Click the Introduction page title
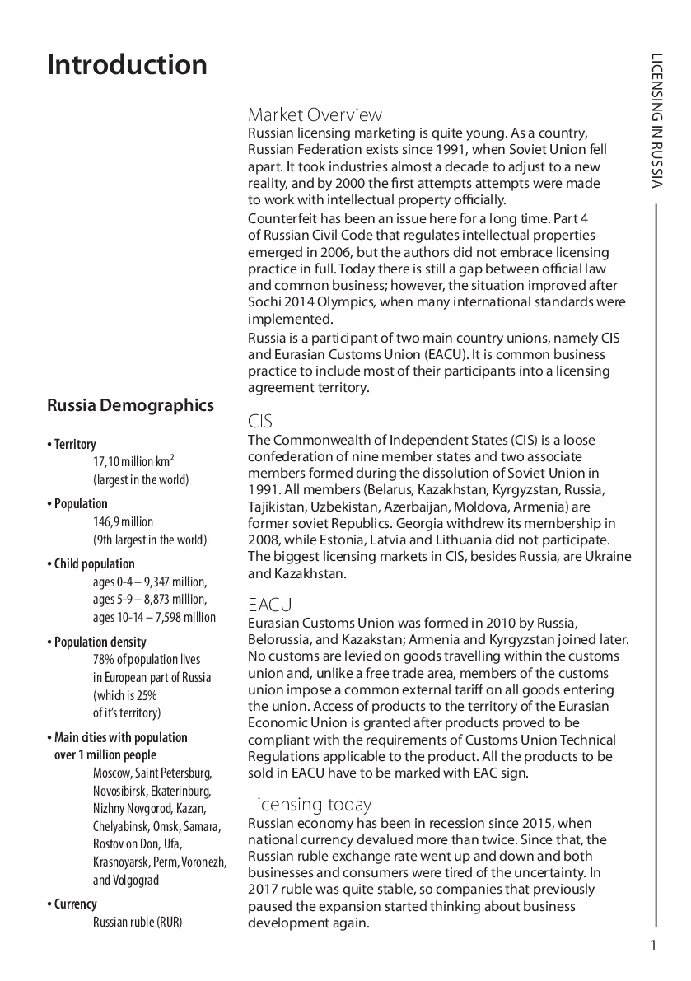tap(128, 65)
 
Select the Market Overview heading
tap(315, 114)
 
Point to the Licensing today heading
tap(310, 805)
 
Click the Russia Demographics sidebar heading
tap(130, 405)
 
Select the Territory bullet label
tap(74, 445)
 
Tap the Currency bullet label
tap(75, 904)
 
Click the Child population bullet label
tap(94, 564)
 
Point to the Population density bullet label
tap(100, 642)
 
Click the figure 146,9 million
tap(123, 522)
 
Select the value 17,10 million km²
tap(133, 462)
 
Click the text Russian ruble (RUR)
tap(138, 922)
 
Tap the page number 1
tap(653, 945)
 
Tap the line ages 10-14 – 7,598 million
tap(154, 618)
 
